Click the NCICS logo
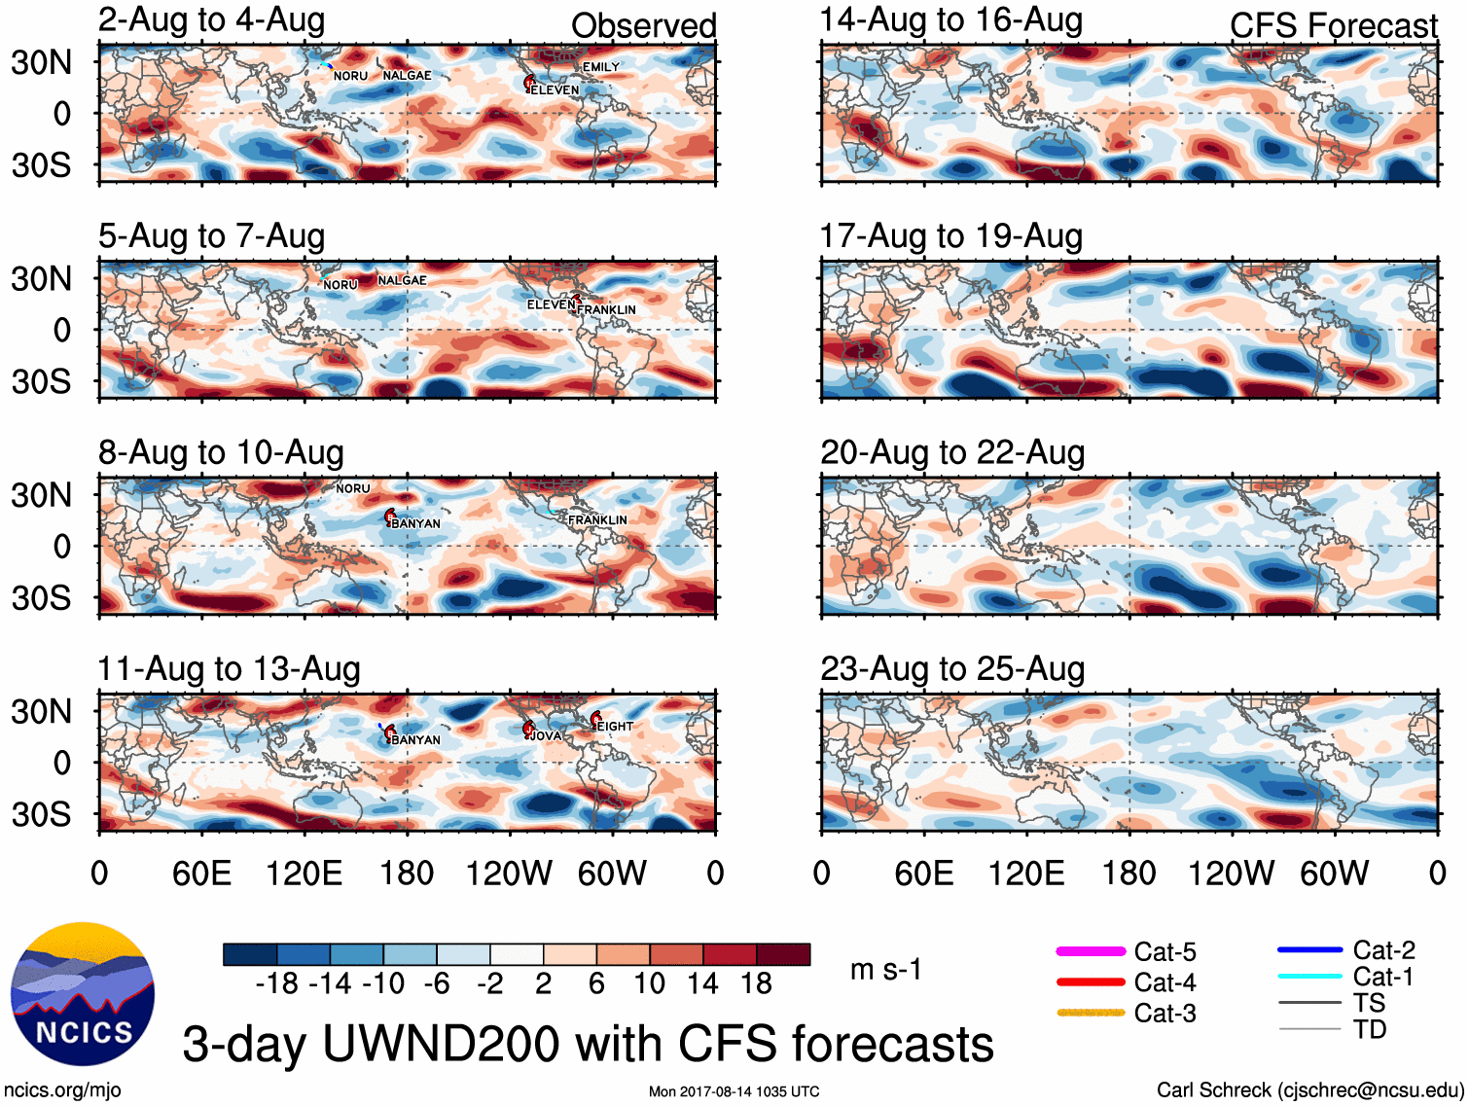pos(82,993)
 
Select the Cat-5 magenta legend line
pos(1091,951)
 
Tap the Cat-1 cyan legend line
pos(1309,977)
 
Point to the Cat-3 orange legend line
pos(1091,1013)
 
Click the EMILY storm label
pos(600,67)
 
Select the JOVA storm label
pos(546,736)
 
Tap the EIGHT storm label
pos(615,727)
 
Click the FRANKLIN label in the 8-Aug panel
pos(597,520)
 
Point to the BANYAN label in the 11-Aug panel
pos(415,740)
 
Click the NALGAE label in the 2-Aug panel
pos(407,76)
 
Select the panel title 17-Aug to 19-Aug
pos(950,236)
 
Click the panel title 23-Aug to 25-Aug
pos(951,669)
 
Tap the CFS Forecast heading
pos(1333,26)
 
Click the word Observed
pos(643,26)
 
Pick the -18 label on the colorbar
pos(276,984)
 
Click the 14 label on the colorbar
pos(701,984)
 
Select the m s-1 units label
pos(885,970)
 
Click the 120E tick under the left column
pos(304,874)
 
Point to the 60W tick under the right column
pos(1334,874)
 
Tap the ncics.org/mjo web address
pos(62,1090)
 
